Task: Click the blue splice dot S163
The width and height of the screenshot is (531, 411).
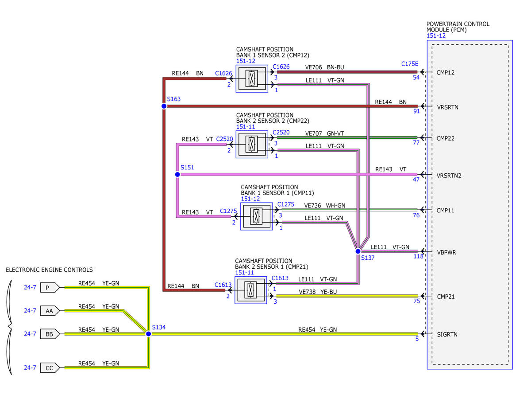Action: point(164,106)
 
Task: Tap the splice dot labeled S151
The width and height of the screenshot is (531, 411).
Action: point(177,174)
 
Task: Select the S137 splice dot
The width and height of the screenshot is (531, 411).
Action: point(358,251)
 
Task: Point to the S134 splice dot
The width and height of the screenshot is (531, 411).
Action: point(148,334)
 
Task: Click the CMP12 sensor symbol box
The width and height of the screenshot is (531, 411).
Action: point(252,78)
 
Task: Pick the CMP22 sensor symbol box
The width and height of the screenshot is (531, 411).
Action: point(252,144)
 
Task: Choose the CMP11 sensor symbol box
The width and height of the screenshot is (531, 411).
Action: point(256,216)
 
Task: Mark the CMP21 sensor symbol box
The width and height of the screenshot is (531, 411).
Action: point(251,290)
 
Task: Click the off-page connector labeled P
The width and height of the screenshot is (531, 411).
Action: point(50,287)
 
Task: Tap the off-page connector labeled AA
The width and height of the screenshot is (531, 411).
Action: point(50,311)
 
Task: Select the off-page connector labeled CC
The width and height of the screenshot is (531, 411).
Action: point(50,368)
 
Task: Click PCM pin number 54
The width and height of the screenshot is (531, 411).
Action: point(416,77)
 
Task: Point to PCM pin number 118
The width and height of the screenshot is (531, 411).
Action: point(418,256)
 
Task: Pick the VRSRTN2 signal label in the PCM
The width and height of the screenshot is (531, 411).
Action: point(449,176)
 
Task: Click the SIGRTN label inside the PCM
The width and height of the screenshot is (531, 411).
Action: point(447,334)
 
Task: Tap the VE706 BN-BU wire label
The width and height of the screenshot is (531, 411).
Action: point(324,67)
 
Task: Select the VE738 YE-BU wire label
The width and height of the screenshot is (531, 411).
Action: point(318,292)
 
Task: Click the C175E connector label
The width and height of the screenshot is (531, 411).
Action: point(410,64)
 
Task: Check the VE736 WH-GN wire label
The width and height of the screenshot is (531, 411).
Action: point(324,205)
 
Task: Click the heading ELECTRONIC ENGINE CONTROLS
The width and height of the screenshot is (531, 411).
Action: point(50,270)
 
